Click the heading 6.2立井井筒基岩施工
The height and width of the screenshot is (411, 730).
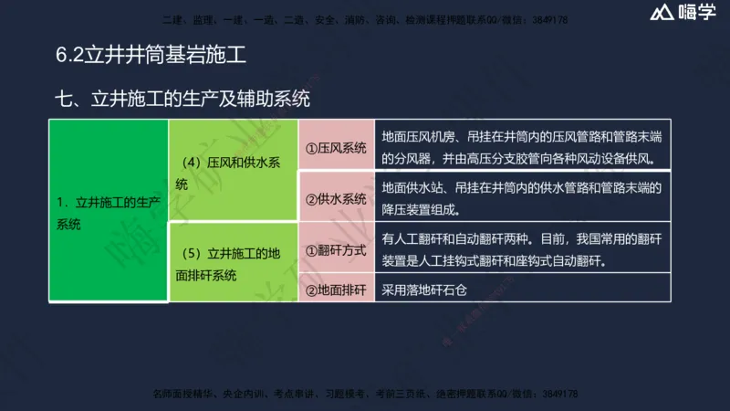(151, 55)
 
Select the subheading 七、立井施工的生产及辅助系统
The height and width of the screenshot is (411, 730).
(188, 98)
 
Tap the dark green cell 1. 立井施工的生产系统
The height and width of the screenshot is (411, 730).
(109, 212)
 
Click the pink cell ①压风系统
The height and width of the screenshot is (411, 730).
(336, 147)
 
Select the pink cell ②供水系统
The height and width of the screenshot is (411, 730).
(336, 198)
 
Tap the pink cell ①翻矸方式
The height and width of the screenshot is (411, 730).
(336, 249)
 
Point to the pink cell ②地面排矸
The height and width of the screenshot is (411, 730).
(336, 290)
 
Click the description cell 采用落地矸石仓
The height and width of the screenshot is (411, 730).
(425, 290)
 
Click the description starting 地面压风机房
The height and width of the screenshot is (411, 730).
(521, 148)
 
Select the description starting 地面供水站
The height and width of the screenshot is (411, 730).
(521, 198)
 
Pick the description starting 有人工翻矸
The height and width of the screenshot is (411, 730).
(521, 249)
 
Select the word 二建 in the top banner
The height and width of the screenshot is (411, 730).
(170, 19)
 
